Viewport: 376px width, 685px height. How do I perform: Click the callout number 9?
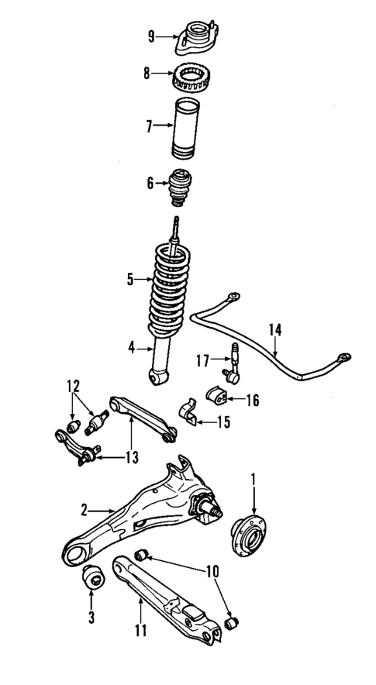tap(152, 35)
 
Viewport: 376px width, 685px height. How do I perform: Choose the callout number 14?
tap(274, 329)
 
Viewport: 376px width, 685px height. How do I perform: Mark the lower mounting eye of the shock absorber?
tap(160, 377)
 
